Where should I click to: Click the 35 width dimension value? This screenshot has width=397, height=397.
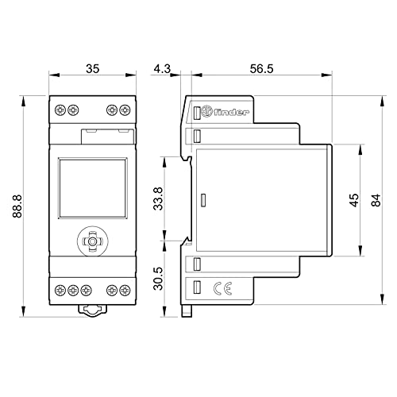click(93, 69)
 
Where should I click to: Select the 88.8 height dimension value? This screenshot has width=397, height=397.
click(17, 206)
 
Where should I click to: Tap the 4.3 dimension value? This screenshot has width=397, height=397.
click(162, 69)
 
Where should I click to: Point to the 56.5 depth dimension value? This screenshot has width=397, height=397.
click(261, 69)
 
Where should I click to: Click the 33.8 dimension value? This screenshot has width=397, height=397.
click(158, 198)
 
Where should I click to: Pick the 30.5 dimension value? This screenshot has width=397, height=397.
click(158, 279)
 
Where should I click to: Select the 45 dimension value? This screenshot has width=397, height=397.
click(354, 200)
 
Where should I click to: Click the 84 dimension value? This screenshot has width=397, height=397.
click(376, 200)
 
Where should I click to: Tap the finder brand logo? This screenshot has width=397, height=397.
click(225, 112)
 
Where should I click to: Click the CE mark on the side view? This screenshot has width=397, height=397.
click(222, 288)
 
